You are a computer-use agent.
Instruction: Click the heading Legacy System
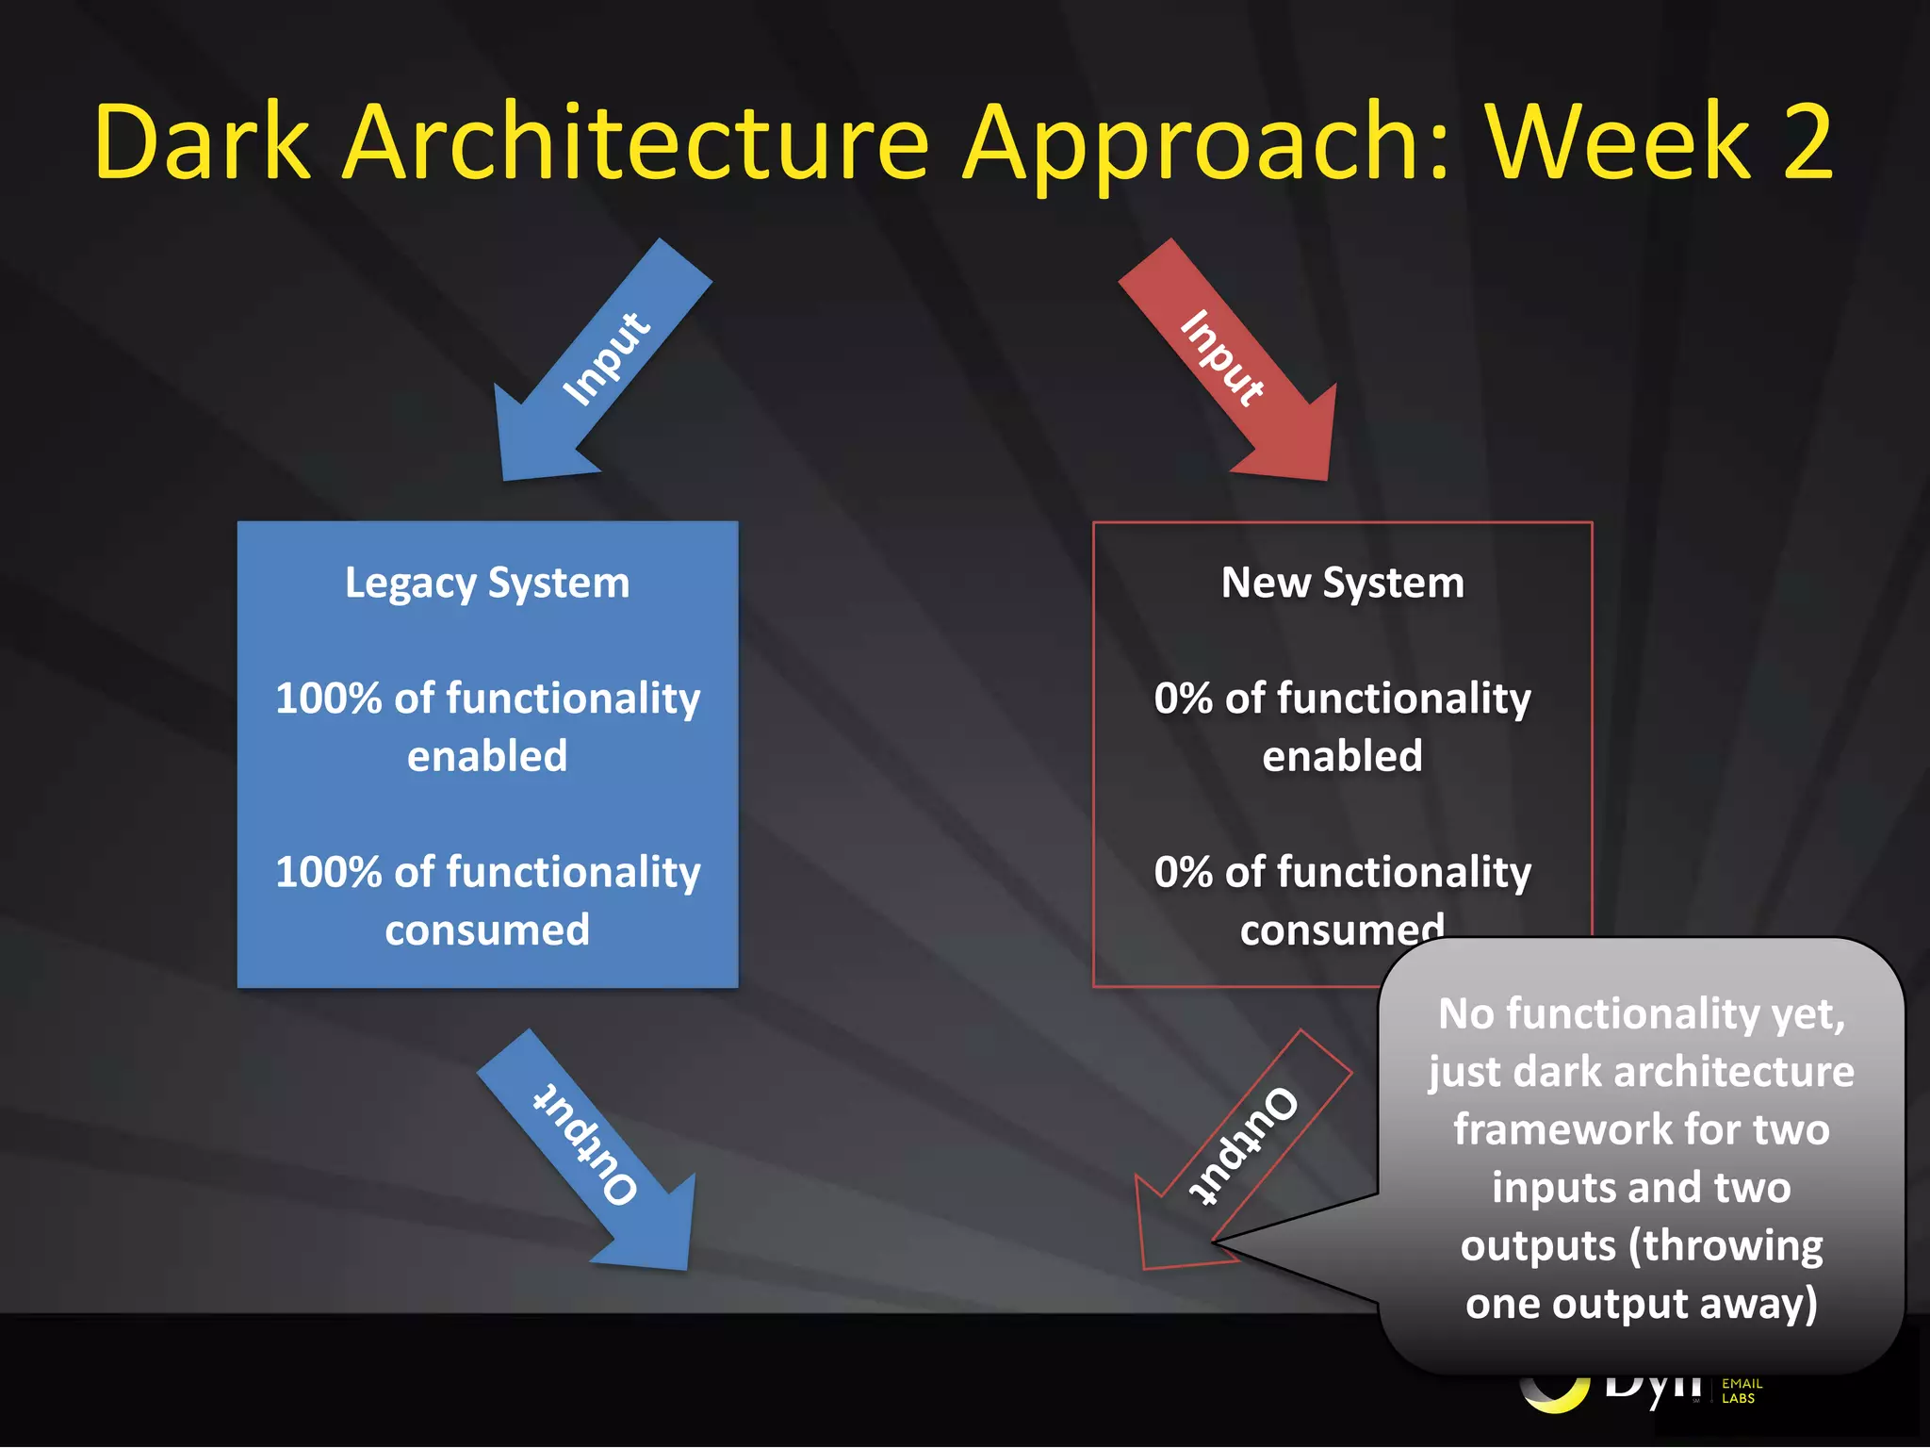(x=487, y=583)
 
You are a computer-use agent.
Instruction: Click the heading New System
(x=1342, y=583)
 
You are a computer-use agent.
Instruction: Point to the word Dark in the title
(x=203, y=143)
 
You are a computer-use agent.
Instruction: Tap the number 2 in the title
(x=1807, y=143)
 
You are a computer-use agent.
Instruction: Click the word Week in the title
(x=1617, y=143)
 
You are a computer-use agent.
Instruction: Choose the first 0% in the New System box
(x=1183, y=699)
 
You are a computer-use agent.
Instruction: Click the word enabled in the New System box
(x=1342, y=757)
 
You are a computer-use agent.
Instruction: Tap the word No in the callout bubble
(x=1466, y=1014)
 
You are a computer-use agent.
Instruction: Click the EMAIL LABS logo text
(x=1742, y=1391)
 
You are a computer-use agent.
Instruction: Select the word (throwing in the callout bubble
(x=1726, y=1246)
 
